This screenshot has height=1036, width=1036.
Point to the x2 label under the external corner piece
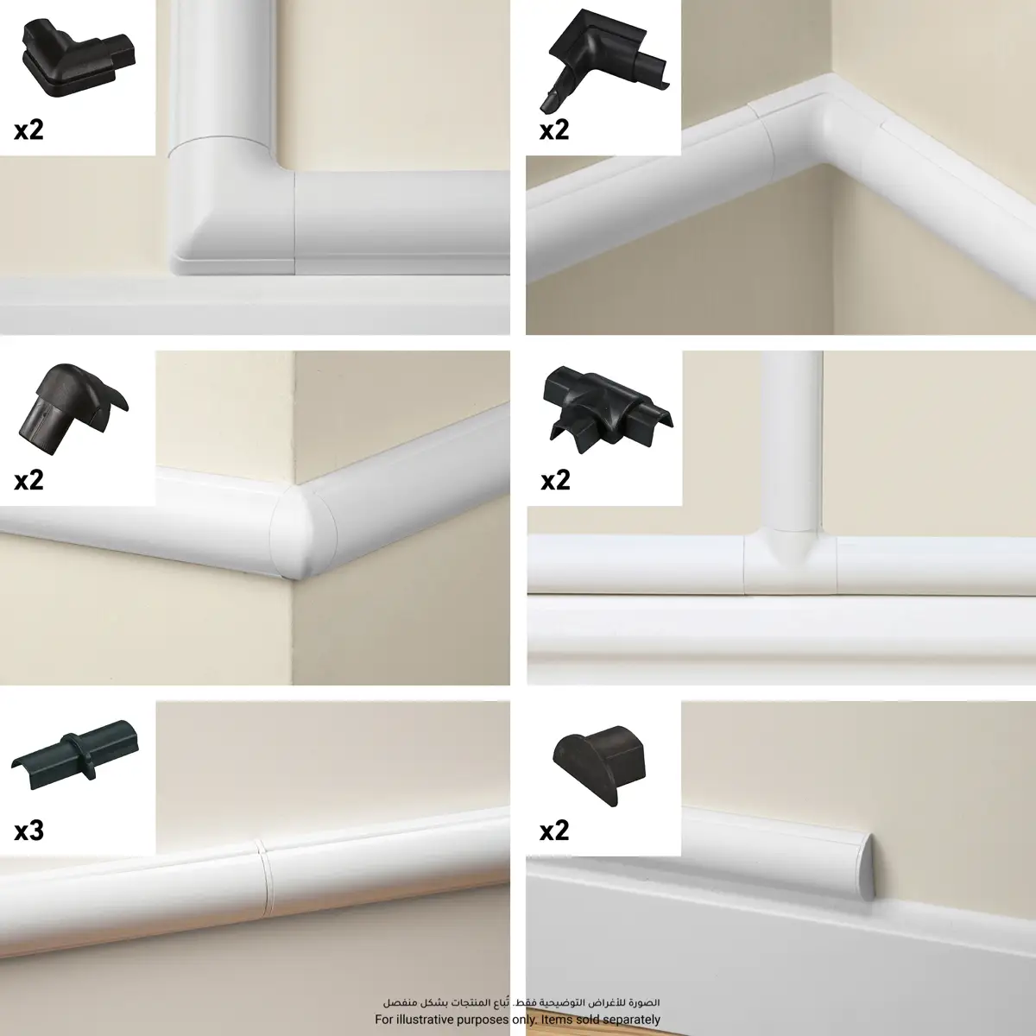28,479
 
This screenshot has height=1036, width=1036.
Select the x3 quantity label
28,831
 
